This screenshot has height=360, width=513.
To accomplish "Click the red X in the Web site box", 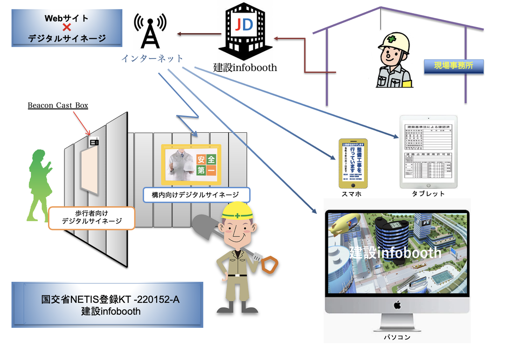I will [67, 27].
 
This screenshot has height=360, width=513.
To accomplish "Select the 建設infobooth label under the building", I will [245, 68].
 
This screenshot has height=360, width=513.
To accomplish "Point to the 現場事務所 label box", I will [453, 66].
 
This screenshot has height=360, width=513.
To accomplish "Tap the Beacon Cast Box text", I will [58, 106].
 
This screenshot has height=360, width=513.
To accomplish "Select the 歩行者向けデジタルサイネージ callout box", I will [91, 217].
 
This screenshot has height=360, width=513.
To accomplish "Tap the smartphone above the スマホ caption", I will [353, 163].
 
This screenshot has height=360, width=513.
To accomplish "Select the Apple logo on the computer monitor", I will [397, 305].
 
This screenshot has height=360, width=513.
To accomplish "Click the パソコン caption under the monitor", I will [398, 337].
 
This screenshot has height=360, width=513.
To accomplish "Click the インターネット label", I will [152, 59].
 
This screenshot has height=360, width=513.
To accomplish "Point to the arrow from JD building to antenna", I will [199, 34].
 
